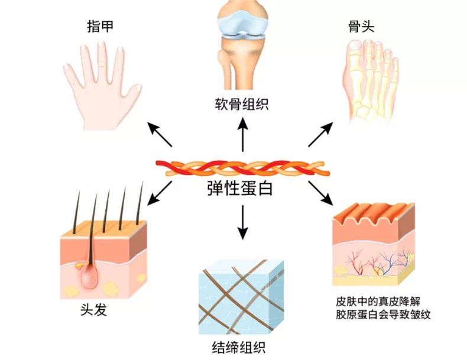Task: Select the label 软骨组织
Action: point(241,105)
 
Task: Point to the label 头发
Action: point(93,310)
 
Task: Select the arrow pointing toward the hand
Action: point(160,135)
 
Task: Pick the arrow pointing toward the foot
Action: point(320,135)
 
